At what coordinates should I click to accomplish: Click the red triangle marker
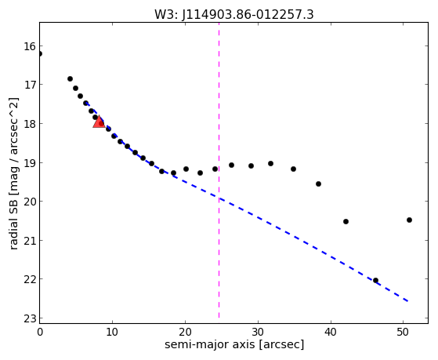[x=99, y=122]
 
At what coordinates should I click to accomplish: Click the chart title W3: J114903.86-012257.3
[x=234, y=15]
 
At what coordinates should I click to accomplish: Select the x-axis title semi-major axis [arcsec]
[x=234, y=344]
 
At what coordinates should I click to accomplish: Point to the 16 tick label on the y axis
[x=30, y=46]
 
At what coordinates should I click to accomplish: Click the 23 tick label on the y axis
[x=30, y=319]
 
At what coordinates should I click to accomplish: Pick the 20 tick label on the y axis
[x=30, y=202]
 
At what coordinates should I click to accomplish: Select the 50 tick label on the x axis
[x=403, y=332]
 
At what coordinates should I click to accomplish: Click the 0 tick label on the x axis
[x=40, y=332]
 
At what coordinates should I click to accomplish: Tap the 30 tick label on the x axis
[x=258, y=332]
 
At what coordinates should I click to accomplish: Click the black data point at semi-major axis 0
[x=40, y=53]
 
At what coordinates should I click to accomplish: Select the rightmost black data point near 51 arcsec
[x=409, y=220]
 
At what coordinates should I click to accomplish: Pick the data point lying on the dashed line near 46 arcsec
[x=375, y=280]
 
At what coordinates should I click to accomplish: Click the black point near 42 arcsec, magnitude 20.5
[x=346, y=221]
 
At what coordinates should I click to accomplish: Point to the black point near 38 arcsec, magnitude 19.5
[x=318, y=184]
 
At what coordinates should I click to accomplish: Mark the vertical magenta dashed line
[x=219, y=170]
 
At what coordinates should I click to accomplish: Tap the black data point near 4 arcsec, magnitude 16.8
[x=70, y=79]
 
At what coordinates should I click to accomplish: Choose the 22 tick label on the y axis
[x=30, y=279]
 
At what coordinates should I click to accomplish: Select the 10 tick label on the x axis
[x=112, y=332]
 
